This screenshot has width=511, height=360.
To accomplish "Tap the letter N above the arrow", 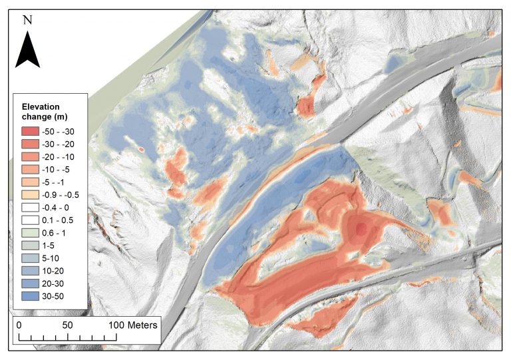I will click(x=27, y=20).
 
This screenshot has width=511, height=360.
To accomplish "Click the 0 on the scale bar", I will click(x=19, y=325).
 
